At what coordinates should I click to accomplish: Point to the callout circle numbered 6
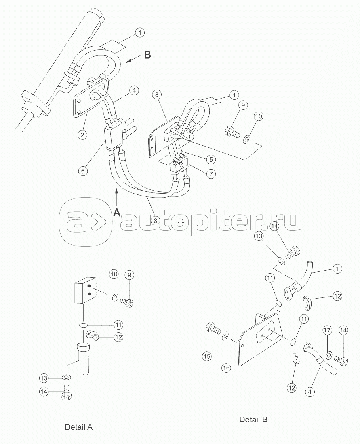(x=83, y=171)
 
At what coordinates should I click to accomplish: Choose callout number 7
(x=210, y=174)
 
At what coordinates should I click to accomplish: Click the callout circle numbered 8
(x=155, y=220)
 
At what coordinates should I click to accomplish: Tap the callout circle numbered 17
(x=327, y=331)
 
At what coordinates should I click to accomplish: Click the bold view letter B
(x=147, y=55)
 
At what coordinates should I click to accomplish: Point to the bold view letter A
(x=117, y=212)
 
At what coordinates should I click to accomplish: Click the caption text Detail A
(x=79, y=427)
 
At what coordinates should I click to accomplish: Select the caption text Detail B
(x=253, y=419)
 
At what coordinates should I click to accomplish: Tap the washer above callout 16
(x=226, y=335)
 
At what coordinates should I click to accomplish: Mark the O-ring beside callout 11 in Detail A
(x=84, y=325)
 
